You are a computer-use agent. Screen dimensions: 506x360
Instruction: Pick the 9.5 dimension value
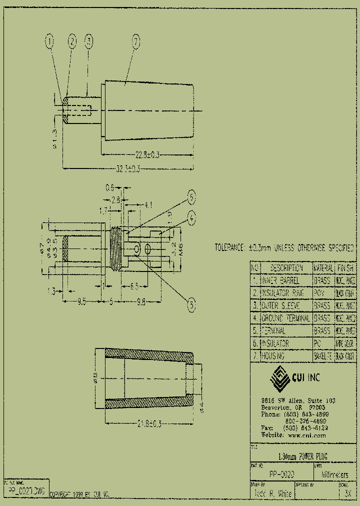(82, 301)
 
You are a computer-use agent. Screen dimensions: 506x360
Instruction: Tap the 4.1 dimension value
(148, 204)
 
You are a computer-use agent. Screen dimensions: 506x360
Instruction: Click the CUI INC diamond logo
(280, 378)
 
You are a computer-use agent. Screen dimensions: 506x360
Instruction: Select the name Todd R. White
(272, 493)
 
